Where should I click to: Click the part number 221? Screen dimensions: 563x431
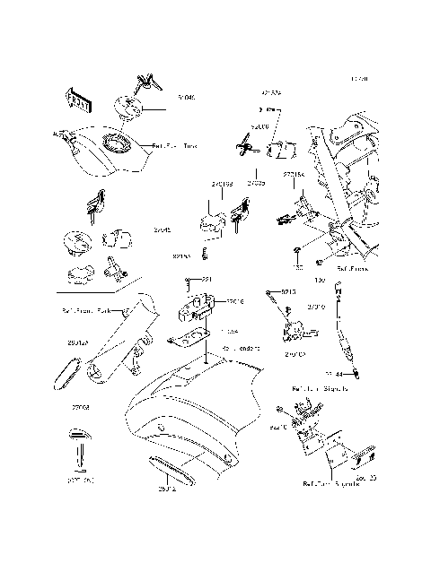point(206,281)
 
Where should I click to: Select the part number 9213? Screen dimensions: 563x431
point(288,292)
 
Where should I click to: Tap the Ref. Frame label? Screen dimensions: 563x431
point(352,268)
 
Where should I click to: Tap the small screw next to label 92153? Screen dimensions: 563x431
point(207,256)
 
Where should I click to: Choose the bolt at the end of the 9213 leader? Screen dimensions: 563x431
point(269,293)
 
